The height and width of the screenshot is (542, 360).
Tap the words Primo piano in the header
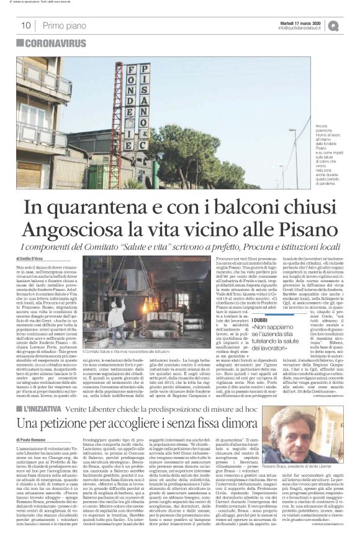click(x=61, y=25)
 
